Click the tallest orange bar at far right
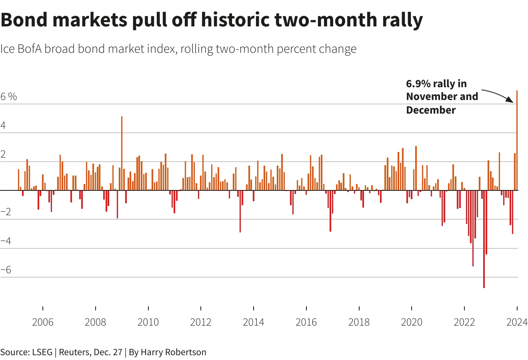(517, 140)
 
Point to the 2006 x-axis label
(42, 322)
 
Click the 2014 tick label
(253, 322)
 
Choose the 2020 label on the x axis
(411, 322)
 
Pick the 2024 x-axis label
(517, 322)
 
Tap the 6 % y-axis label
(9, 96)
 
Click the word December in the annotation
(430, 110)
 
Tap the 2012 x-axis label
(201, 322)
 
